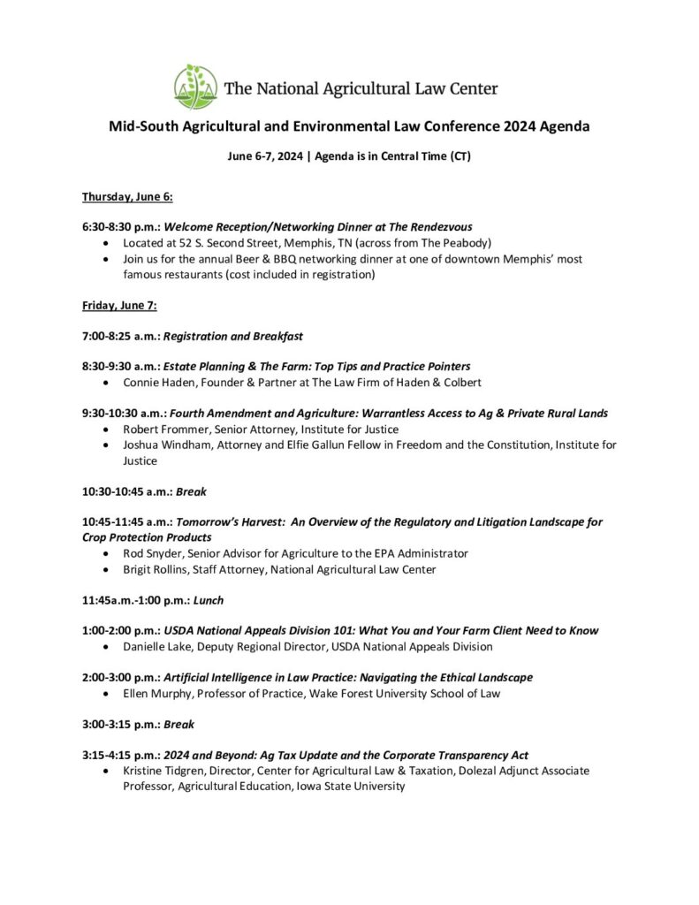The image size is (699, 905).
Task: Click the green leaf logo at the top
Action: point(195,87)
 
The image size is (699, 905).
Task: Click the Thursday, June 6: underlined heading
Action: point(127,195)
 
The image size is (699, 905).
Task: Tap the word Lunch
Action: point(209,600)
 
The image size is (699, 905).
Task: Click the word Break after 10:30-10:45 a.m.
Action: point(191,491)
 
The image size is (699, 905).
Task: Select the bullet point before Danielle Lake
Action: point(107,646)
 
